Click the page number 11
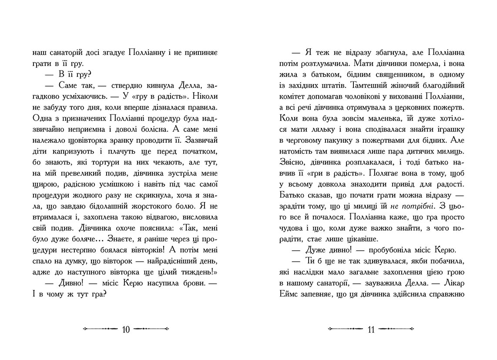pyautogui.click(x=371, y=330)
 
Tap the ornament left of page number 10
pyautogui.click(x=100, y=330)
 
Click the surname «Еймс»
pyautogui.click(x=286, y=294)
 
